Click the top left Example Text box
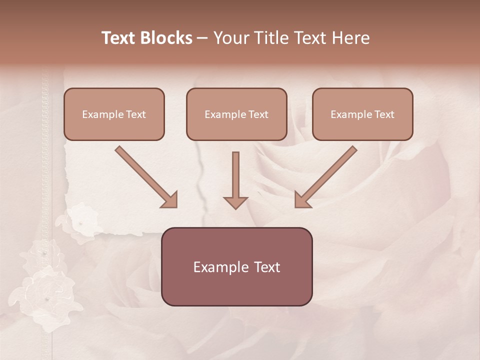pos(114,114)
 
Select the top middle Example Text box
pos(236,114)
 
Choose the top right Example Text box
pos(362,114)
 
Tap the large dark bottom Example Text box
pos(236,266)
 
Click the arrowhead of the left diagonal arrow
pos(170,200)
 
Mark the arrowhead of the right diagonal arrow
pos(301,200)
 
